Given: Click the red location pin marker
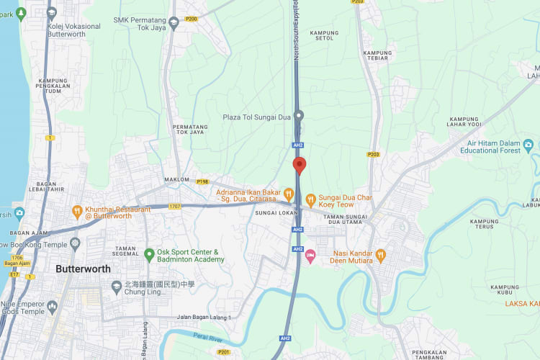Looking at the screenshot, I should pos(300,166).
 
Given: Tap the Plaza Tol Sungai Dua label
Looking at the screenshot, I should pos(256,116).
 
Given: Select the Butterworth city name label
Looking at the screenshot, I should pos(83,269).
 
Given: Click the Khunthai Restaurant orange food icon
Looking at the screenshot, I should pos(77,211).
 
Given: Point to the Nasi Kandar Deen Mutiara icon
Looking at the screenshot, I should pos(382,255).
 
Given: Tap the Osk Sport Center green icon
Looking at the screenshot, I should pos(149,255).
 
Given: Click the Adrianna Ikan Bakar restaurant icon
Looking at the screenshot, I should pos(289,193).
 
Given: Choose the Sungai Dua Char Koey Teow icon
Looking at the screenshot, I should pos(310,199).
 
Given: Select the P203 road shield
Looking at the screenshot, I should pos(373,154).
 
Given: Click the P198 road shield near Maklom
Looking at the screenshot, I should pos(202,181).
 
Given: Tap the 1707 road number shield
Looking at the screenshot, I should pos(175,207).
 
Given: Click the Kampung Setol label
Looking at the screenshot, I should pos(323,35).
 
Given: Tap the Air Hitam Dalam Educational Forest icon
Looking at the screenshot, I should pos(528,145).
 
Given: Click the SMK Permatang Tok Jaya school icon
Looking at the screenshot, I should pos(105,21).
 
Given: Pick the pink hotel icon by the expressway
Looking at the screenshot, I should pos(311,255).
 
